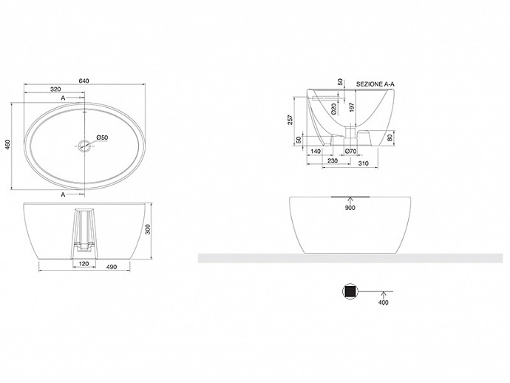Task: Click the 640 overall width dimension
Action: (x=84, y=81)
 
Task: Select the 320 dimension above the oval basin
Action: (x=55, y=89)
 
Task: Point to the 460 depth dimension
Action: (x=8, y=145)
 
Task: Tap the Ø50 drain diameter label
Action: (x=102, y=138)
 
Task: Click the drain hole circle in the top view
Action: (x=84, y=145)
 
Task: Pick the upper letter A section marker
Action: (x=63, y=98)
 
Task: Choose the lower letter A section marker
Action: (x=63, y=194)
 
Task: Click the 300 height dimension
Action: (x=148, y=231)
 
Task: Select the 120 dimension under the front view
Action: (x=84, y=263)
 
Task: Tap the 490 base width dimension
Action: (x=111, y=267)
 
